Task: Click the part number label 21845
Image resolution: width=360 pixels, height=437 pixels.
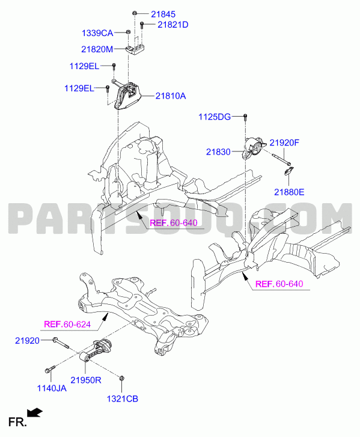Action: pos(163,14)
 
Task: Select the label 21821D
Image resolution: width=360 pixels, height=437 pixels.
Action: pos(173,25)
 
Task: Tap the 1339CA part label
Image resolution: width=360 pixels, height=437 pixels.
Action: pos(97,33)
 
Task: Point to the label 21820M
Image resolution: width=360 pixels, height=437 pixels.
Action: pos(97,49)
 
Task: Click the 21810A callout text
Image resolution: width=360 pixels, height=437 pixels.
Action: pos(171,96)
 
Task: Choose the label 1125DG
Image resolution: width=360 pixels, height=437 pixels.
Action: pos(215,117)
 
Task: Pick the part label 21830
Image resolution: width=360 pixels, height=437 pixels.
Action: pos(218,152)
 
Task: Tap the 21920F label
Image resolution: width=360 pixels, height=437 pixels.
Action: pos(284,142)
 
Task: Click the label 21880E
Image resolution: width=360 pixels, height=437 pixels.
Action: pos(289,192)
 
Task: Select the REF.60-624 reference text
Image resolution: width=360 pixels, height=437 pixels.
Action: pos(67,325)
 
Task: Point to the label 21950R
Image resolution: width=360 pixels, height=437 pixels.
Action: pos(85,380)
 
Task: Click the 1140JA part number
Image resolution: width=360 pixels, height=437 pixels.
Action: pos(52,388)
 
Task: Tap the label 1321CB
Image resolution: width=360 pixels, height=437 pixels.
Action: pos(123,399)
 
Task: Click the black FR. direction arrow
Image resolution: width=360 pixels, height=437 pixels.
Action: pos(34,413)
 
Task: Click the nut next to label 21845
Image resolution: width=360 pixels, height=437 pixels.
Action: pos(135,13)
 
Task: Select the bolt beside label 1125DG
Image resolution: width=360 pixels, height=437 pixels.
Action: pos(245,117)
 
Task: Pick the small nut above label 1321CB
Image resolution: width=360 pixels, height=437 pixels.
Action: pos(121,378)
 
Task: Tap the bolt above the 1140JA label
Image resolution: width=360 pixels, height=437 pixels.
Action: pos(50,369)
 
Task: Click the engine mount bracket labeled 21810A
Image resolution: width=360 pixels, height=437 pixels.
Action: pos(128,96)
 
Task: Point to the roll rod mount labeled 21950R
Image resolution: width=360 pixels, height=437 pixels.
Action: pos(96,350)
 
